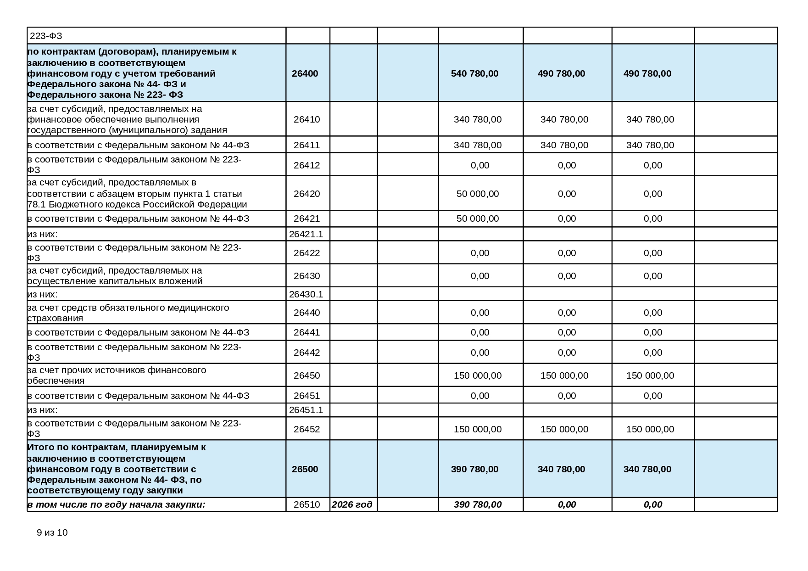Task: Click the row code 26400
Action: (305, 73)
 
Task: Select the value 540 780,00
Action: (474, 73)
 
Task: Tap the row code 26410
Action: (306, 119)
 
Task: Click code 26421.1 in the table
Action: (306, 234)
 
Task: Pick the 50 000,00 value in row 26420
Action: (477, 194)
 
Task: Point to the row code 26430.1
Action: (306, 294)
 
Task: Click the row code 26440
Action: (306, 313)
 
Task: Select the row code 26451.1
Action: (306, 410)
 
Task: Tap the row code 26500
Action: (305, 469)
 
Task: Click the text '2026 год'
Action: (351, 504)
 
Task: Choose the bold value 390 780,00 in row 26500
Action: (474, 469)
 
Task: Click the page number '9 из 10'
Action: (52, 532)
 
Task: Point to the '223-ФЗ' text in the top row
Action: (46, 36)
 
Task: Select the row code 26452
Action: (306, 429)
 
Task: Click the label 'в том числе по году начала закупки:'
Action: (116, 504)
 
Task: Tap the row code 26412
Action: (306, 165)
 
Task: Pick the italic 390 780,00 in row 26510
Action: (477, 504)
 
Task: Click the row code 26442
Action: (306, 353)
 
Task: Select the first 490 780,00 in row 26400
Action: (561, 73)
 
